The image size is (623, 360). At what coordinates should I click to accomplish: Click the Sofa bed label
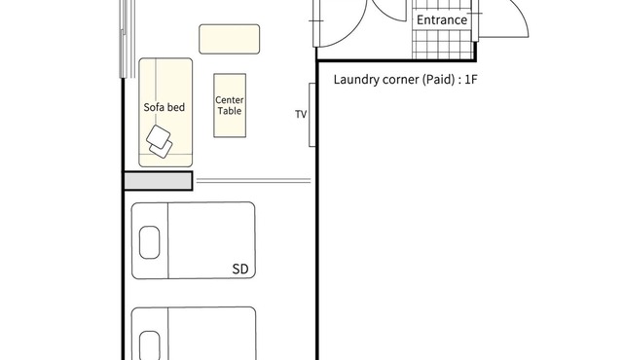point(165,107)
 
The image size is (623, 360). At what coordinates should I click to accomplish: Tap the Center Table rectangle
point(230,106)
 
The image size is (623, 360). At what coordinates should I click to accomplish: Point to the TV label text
point(301,114)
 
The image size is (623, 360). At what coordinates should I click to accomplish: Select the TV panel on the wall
point(312,115)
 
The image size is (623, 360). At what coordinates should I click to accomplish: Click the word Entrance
point(441,19)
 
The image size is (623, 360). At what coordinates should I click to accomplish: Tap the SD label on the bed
point(240,270)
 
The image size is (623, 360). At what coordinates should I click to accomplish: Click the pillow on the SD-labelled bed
point(149,242)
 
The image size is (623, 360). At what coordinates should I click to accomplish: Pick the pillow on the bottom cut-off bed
point(150,345)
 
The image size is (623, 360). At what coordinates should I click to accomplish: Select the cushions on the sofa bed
point(160,142)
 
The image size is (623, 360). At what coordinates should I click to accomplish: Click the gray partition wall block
point(158,181)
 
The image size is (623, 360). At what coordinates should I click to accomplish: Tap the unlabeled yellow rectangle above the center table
point(230,39)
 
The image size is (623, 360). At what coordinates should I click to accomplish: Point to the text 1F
point(470,80)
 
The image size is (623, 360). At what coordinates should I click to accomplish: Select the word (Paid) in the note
point(438,80)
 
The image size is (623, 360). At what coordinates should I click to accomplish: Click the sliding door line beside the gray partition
point(253,181)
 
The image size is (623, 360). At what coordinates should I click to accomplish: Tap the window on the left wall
point(128,39)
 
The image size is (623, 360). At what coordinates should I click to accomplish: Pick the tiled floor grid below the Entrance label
point(444,44)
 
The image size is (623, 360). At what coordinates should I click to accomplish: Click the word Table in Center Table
point(230,111)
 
